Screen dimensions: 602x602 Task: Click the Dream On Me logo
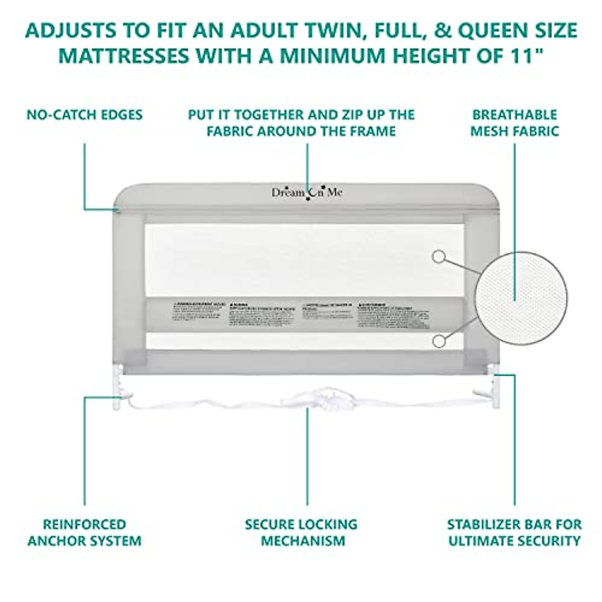(x=308, y=193)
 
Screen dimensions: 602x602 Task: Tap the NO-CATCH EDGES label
(x=84, y=114)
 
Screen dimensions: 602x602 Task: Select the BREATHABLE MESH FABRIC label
(x=515, y=123)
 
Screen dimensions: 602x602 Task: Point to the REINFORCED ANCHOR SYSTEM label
(x=84, y=532)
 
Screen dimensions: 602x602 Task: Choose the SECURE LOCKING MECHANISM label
(x=302, y=532)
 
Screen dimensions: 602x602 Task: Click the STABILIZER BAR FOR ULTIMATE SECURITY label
(x=515, y=532)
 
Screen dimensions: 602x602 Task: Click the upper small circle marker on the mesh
(x=438, y=256)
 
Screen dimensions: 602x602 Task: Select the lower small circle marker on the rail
(x=438, y=341)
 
